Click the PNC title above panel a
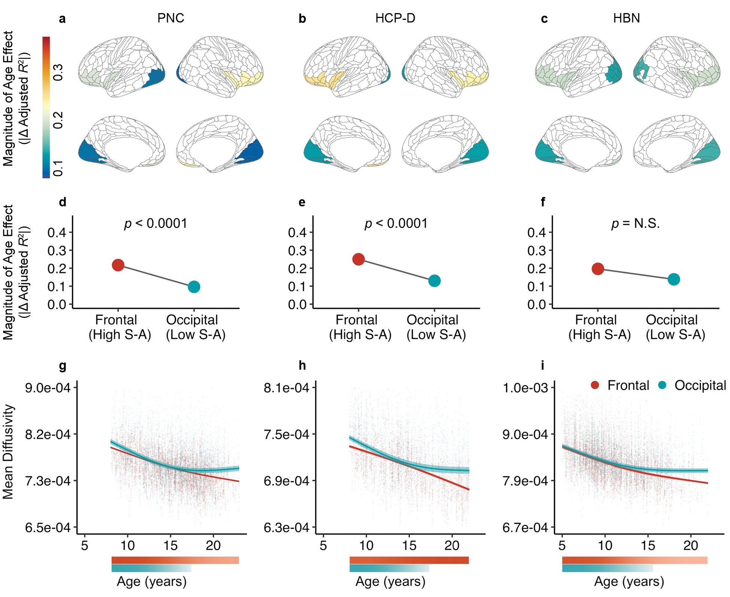pos(170,18)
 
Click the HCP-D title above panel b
pos(395,18)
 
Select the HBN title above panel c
pos(626,18)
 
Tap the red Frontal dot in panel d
pos(118,265)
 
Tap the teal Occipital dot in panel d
pos(194,287)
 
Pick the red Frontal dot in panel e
pos(358,259)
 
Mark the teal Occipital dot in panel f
pos(674,279)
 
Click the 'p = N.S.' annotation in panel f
pos(636,224)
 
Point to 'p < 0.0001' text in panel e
pos(396,224)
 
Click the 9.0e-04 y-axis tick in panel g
pos(48,388)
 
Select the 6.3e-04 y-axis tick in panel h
pos(287,528)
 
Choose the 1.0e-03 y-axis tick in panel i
pos(525,388)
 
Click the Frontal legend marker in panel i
pos(595,385)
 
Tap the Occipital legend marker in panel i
pos(663,385)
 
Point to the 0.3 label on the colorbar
pos(58,72)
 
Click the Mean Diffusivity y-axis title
pos(8,452)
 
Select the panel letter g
pos(63,366)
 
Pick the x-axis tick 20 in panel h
pos(452,545)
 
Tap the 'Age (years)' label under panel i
pos(629,581)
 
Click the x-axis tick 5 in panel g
pos(85,545)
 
